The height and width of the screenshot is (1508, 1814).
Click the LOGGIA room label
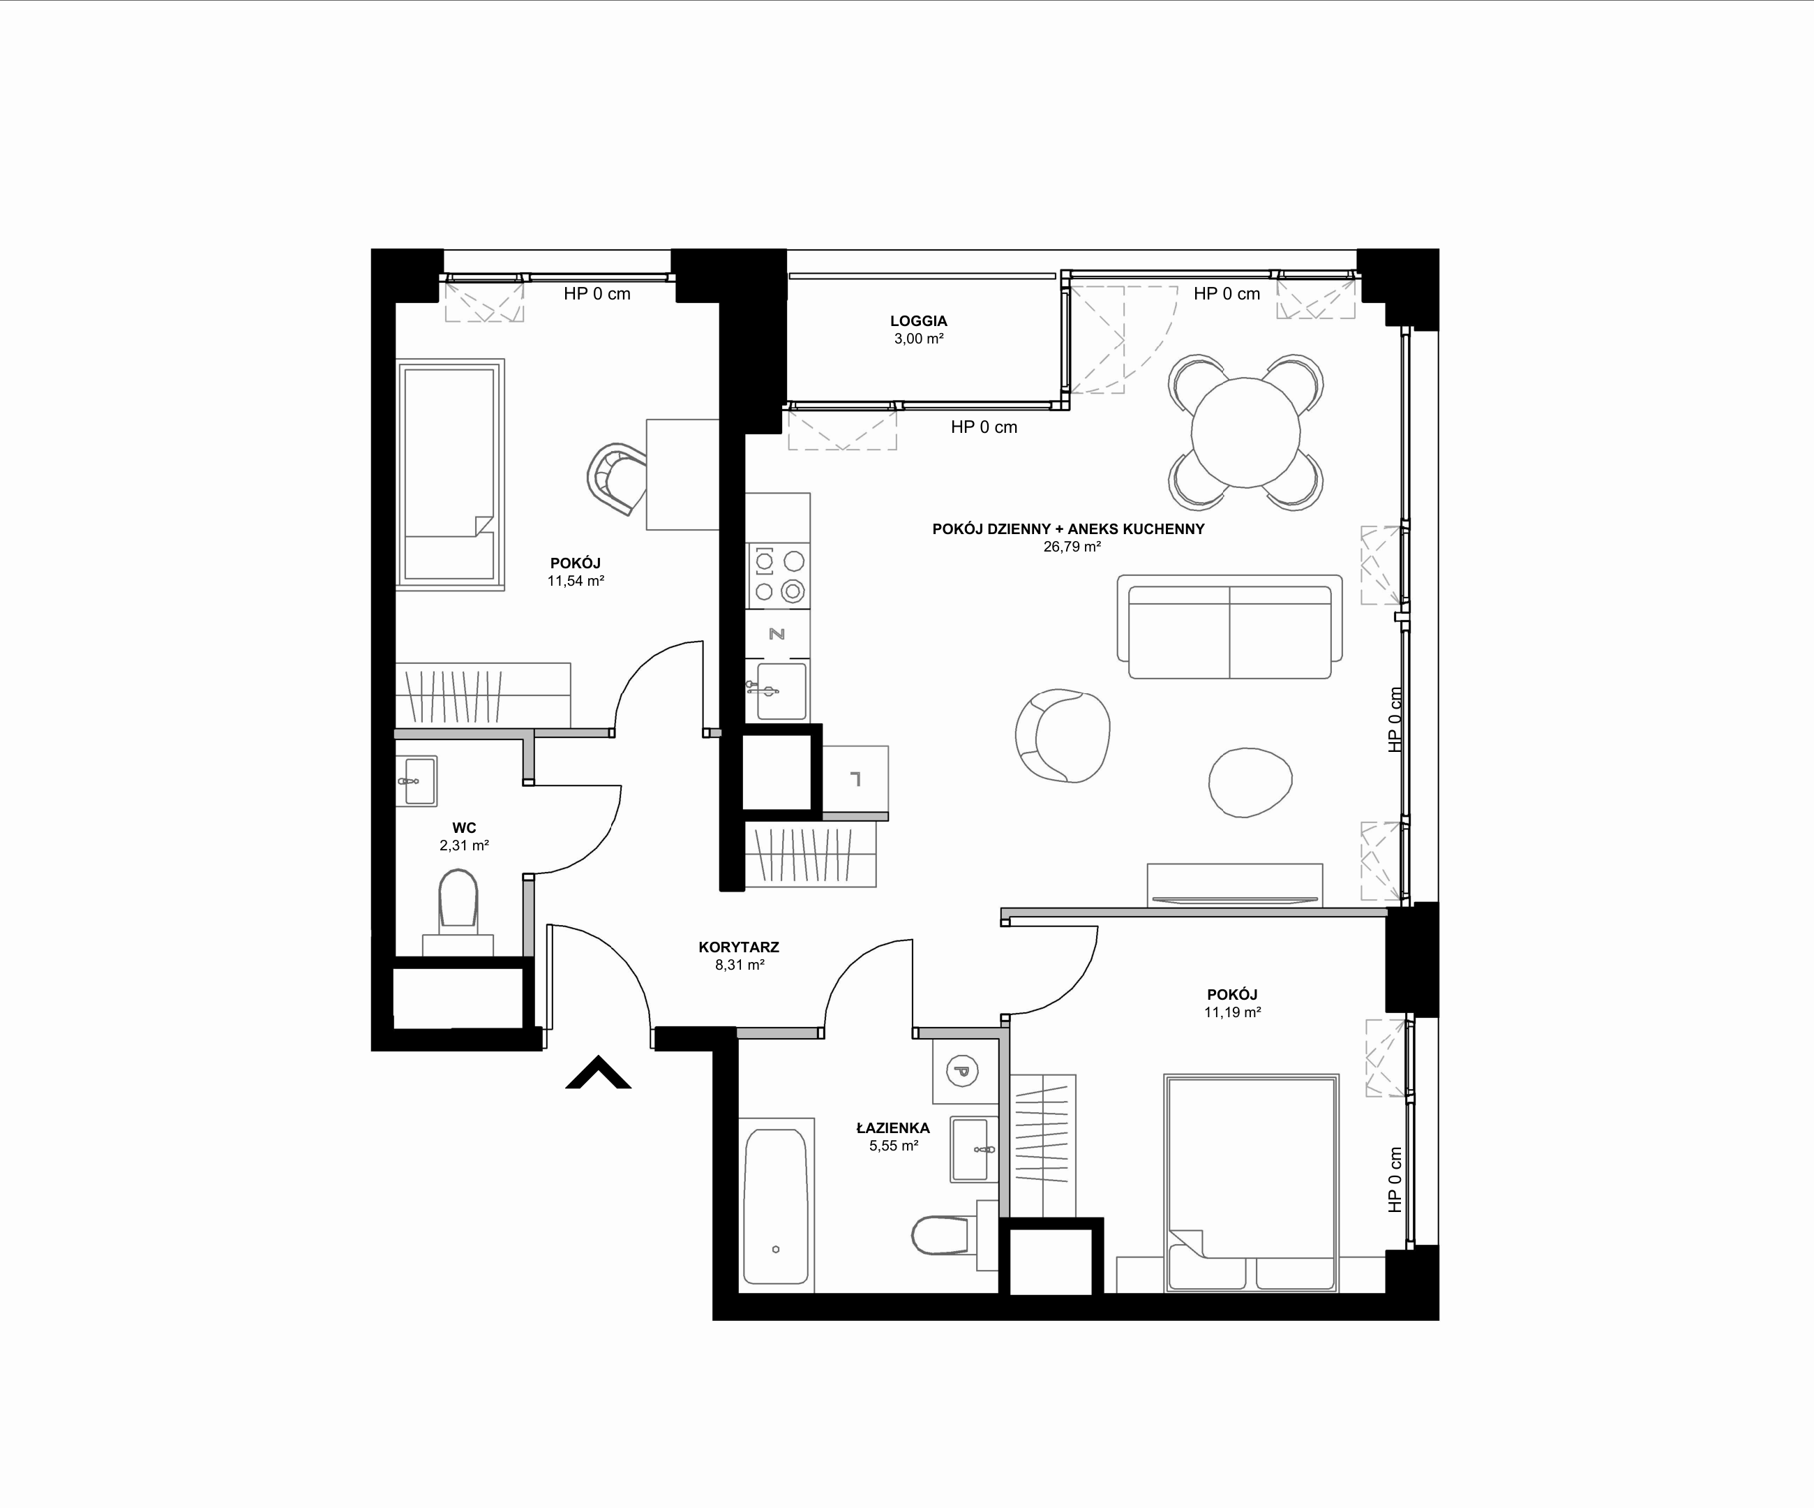point(918,320)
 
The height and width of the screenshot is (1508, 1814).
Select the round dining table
point(1245,432)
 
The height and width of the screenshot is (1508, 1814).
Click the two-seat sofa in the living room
point(1229,626)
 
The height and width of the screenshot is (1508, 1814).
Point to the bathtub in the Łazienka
point(777,1206)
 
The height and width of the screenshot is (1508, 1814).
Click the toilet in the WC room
point(458,903)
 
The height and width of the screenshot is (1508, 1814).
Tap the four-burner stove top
point(779,575)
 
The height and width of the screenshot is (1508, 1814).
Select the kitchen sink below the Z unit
point(781,690)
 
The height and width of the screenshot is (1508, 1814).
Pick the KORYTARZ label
point(739,947)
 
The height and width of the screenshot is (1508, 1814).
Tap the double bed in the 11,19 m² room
point(1251,1183)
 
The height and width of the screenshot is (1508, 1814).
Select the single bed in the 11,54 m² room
point(450,475)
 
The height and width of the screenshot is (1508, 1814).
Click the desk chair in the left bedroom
point(617,479)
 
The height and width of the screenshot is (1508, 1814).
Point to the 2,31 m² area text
point(465,846)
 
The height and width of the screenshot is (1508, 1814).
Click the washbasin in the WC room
point(418,781)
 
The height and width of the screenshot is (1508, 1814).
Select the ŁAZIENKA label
point(893,1128)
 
